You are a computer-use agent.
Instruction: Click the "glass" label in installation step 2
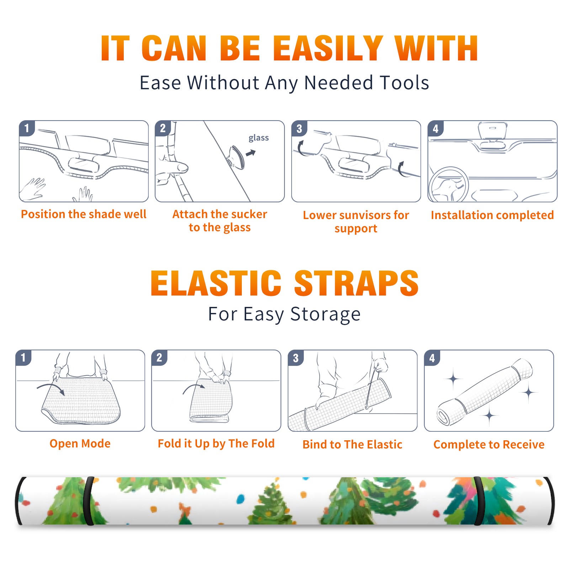click(259, 138)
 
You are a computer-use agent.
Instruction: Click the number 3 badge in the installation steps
click(299, 128)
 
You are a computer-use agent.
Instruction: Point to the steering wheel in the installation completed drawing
click(448, 185)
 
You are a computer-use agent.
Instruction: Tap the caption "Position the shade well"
click(84, 214)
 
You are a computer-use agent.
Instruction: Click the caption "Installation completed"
click(492, 215)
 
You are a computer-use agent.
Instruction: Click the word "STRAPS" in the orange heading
click(356, 283)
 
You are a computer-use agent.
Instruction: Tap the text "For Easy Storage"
click(284, 314)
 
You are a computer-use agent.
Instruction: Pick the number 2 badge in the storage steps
click(159, 357)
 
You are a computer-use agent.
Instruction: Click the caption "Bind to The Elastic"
click(352, 445)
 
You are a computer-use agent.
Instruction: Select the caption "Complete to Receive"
click(489, 445)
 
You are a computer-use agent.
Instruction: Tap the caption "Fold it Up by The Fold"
click(216, 444)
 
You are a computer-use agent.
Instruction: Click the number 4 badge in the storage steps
click(432, 358)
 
